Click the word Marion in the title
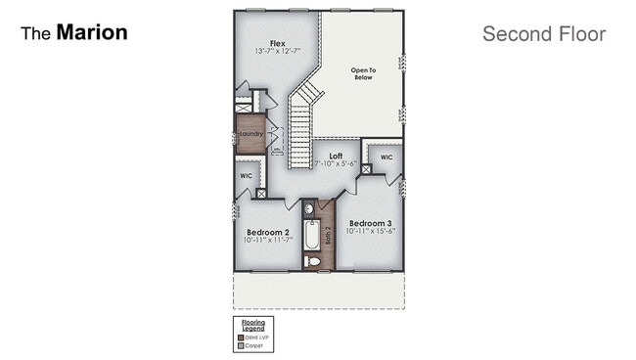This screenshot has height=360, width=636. coord(92,32)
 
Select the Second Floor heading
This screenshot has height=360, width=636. coord(543,34)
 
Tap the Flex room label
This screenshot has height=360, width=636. coord(277,43)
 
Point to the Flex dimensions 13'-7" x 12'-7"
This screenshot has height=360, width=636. coord(277,51)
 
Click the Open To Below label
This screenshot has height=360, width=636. coord(364,74)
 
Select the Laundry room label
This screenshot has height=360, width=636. coord(251,134)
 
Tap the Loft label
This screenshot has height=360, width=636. coord(336,156)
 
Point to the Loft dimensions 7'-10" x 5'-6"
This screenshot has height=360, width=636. coord(336,163)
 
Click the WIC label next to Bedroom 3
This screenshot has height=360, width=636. coord(386,157)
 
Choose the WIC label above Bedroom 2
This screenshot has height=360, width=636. coord(246,176)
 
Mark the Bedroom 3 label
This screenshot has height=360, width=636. coord(371,222)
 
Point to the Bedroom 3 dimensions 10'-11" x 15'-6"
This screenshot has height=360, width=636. coord(371,231)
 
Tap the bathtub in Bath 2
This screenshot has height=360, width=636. coord(311,236)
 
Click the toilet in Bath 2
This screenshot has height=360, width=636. coord(311,261)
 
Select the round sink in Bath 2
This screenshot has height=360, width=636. coord(308,208)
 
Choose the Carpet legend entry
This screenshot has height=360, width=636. coord(252,345)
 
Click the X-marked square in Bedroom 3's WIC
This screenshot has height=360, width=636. coord(366,169)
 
